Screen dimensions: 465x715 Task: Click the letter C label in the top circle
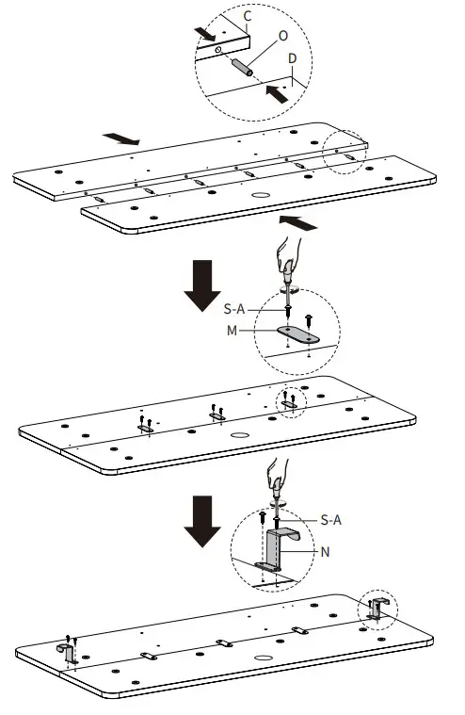[x=248, y=16]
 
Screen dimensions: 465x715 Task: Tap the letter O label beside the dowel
[x=283, y=36]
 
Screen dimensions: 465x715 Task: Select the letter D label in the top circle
[x=293, y=58]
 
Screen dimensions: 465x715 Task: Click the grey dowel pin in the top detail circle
[x=243, y=68]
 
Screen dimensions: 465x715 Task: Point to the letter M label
[x=232, y=330]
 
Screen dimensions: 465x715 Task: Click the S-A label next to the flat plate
[x=234, y=309]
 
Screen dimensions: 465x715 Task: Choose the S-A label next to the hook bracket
[x=330, y=520]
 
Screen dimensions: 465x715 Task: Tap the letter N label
[x=325, y=552]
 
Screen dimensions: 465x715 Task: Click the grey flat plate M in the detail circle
[x=298, y=334]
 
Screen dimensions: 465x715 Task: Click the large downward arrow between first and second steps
[x=202, y=285]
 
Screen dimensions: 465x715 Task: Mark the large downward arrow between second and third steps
[x=202, y=521]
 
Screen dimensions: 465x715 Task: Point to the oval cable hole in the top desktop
[x=260, y=195]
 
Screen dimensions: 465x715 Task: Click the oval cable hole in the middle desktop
[x=239, y=435]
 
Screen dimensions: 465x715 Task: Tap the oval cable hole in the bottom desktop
[x=263, y=658]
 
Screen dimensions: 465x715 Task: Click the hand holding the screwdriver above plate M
[x=290, y=254]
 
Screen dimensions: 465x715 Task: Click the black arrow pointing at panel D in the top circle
[x=277, y=94]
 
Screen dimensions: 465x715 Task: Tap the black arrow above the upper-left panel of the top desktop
[x=121, y=139]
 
